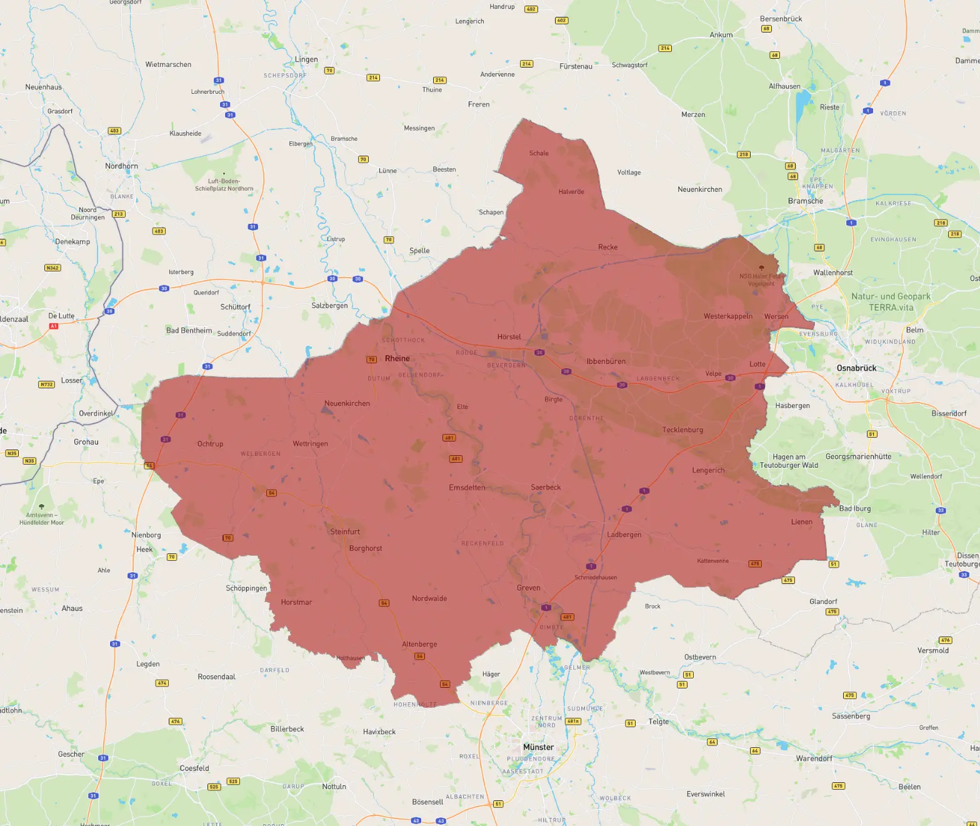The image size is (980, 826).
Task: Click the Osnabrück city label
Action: (x=856, y=368)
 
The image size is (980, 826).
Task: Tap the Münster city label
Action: (x=538, y=747)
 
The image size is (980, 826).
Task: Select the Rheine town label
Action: (x=397, y=359)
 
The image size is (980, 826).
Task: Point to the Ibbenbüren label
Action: (x=606, y=361)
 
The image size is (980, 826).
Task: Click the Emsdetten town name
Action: (x=467, y=488)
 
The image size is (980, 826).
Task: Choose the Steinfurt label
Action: (x=345, y=532)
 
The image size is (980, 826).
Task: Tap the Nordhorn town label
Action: (x=121, y=166)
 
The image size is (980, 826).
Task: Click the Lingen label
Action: (x=306, y=60)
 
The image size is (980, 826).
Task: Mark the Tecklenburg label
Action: (x=682, y=430)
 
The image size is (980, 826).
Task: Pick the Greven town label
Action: (x=528, y=588)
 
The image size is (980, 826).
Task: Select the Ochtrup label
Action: (x=210, y=444)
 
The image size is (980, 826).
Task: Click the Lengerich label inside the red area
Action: (x=708, y=470)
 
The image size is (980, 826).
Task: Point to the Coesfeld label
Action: (x=194, y=768)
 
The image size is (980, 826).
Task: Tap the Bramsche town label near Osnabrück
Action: (x=805, y=201)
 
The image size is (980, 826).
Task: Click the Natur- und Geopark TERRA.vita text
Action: (x=891, y=302)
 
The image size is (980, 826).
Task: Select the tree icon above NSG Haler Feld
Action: (x=761, y=268)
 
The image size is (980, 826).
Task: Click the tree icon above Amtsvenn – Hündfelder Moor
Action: (x=41, y=506)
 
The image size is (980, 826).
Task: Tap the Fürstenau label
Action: (x=576, y=66)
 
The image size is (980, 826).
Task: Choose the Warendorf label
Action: (x=814, y=758)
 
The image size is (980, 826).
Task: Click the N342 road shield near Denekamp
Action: (x=52, y=268)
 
